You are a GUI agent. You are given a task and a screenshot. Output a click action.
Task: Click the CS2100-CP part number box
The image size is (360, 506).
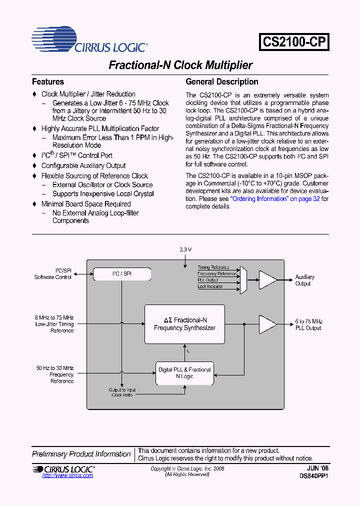click(294, 42)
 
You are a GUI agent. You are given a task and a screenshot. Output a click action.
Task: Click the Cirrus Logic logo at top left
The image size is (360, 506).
click(89, 40)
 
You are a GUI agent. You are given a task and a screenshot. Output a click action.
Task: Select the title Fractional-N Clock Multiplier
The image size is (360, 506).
click(180, 65)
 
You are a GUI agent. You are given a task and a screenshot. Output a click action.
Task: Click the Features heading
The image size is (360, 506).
click(48, 81)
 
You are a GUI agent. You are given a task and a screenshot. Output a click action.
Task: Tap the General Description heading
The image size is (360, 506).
click(222, 81)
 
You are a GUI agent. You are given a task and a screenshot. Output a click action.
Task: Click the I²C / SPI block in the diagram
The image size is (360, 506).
click(122, 274)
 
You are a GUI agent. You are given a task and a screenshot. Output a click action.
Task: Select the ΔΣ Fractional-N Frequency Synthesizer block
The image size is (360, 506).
click(184, 324)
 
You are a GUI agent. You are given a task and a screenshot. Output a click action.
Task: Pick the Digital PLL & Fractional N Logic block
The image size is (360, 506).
click(184, 373)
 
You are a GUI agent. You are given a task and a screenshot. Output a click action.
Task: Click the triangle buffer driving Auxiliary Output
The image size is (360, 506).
click(267, 280)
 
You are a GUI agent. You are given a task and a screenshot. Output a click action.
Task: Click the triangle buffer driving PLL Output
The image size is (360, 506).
click(267, 324)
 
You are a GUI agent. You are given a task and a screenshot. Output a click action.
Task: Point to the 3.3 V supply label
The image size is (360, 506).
click(185, 249)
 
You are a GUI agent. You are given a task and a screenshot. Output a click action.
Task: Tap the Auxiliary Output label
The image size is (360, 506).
click(304, 280)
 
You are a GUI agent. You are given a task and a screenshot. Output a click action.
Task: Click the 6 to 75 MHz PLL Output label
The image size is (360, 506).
click(308, 324)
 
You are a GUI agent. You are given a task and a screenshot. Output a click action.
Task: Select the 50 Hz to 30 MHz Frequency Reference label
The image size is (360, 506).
click(55, 374)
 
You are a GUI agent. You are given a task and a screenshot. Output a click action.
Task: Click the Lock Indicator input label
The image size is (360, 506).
click(210, 286)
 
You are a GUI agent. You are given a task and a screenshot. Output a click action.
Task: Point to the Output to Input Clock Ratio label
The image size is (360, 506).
click(122, 392)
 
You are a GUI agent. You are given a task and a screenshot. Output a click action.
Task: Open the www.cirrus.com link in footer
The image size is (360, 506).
click(67, 475)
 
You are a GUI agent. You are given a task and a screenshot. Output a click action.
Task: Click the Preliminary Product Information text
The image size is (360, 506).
click(81, 454)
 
